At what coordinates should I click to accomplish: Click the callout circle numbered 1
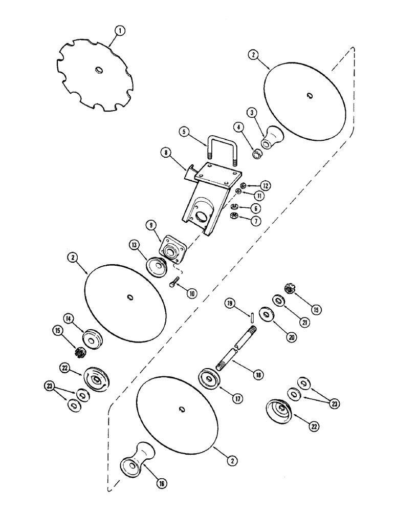[x=118, y=32]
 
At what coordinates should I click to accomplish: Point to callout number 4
[x=238, y=126]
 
